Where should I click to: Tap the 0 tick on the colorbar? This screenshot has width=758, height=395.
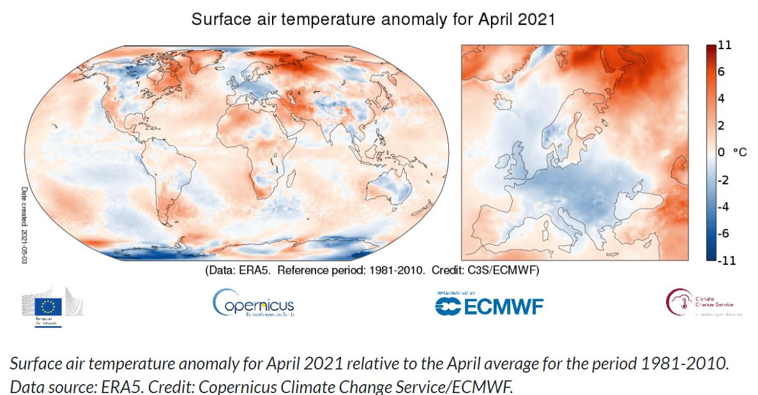721,153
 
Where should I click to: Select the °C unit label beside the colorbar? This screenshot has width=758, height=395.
739,153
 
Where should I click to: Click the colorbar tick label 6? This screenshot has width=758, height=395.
721,72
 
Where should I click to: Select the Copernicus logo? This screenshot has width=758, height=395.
253,304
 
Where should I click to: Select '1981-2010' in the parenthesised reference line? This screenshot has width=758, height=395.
397,271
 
